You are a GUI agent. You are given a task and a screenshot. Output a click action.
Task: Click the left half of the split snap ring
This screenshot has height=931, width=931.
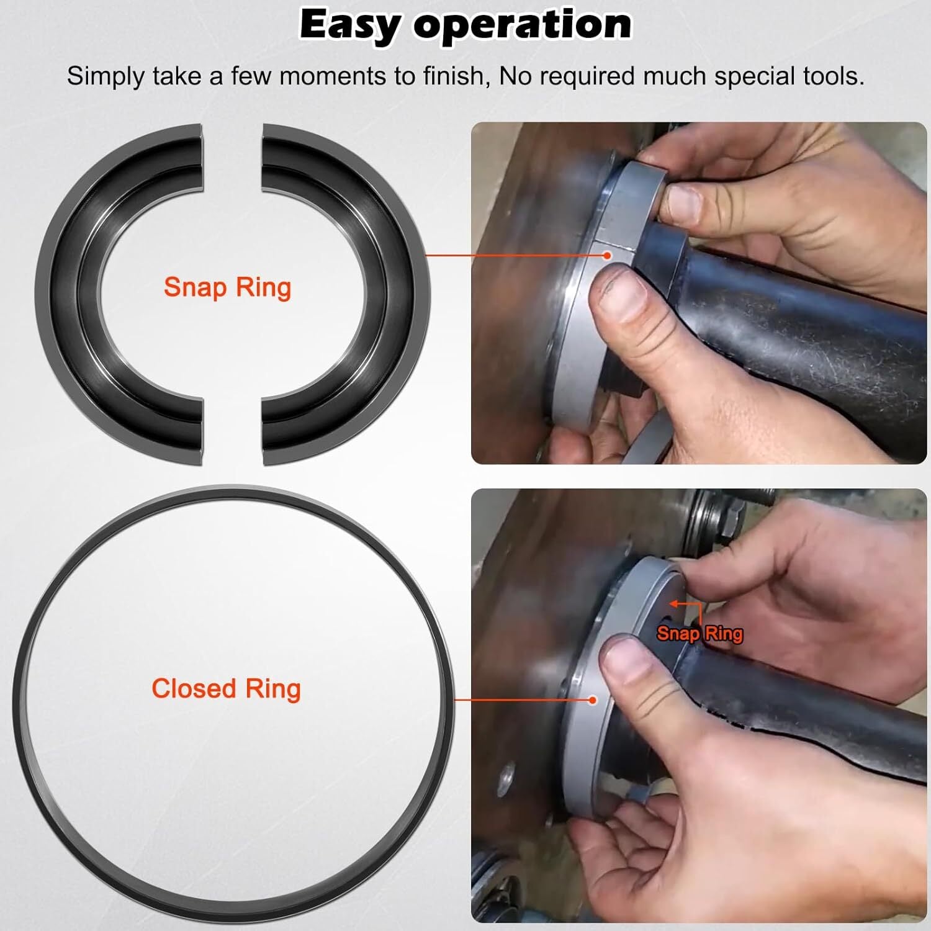pyautogui.click(x=68, y=292)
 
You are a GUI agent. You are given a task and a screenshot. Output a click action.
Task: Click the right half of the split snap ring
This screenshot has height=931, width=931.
pyautogui.click(x=397, y=292)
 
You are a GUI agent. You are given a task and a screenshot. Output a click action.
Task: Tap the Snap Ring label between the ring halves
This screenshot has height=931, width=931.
pyautogui.click(x=227, y=288)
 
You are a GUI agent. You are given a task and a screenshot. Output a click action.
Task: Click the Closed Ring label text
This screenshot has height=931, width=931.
pyautogui.click(x=226, y=689)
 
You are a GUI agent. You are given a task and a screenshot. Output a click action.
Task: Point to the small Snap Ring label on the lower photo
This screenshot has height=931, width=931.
pyautogui.click(x=699, y=633)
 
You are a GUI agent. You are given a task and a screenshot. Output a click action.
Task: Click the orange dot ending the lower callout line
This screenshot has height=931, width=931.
pyautogui.click(x=593, y=700)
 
